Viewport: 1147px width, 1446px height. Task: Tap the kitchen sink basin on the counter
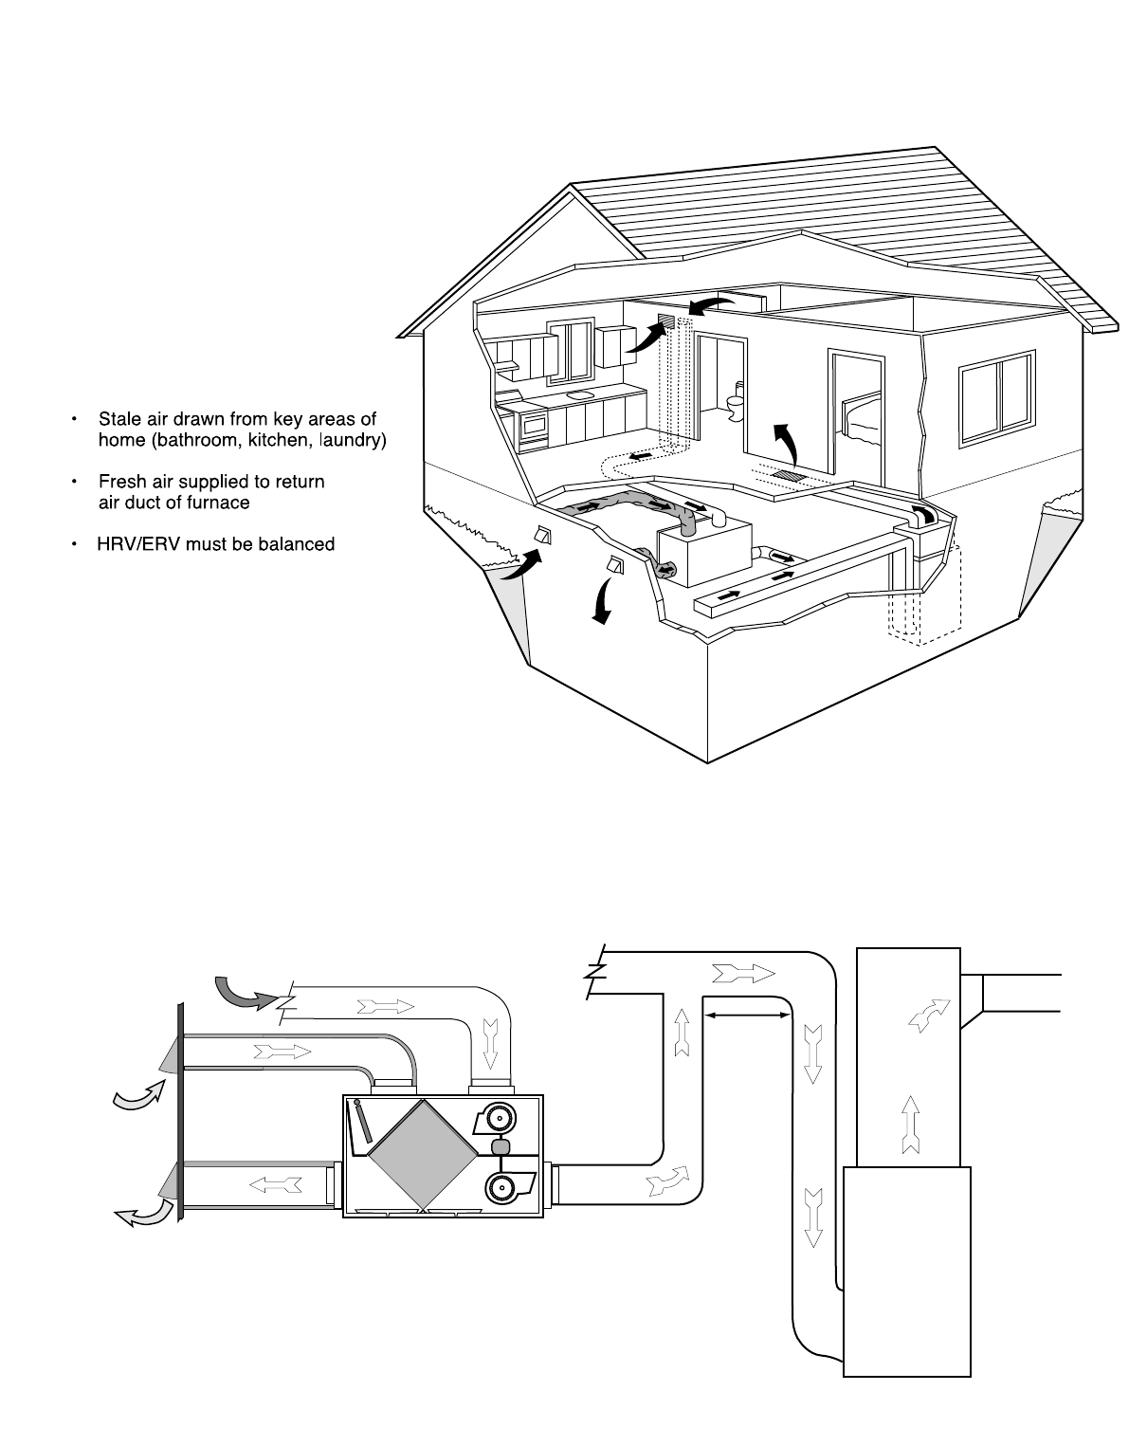[x=579, y=392]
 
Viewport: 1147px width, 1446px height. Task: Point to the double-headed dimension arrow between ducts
[x=748, y=1015]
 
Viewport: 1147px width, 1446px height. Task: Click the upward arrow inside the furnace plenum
[x=909, y=1123]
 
